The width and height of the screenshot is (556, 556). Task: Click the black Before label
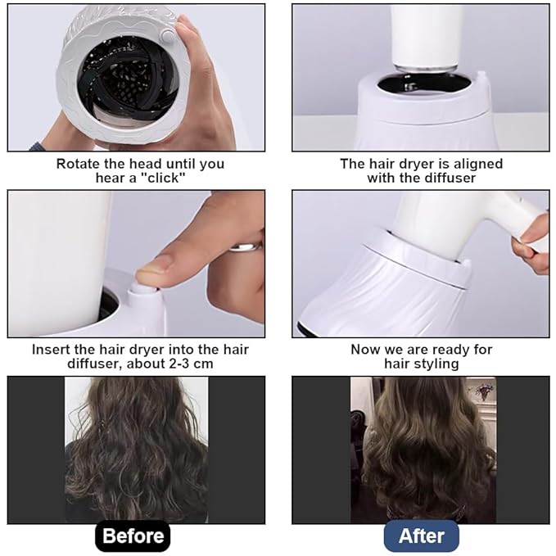pyautogui.click(x=133, y=536)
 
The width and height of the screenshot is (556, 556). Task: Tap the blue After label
pyautogui.click(x=421, y=536)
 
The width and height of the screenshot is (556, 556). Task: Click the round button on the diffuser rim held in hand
pyautogui.click(x=167, y=35)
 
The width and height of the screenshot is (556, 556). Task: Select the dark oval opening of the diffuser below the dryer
pyautogui.click(x=424, y=85)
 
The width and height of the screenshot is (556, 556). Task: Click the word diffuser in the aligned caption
pyautogui.click(x=450, y=178)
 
